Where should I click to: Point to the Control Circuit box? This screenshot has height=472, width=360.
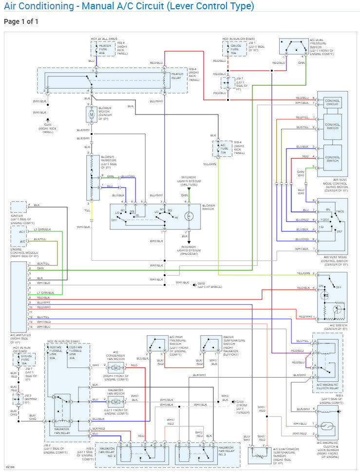(332, 102)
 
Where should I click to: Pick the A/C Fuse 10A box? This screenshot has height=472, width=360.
(223, 148)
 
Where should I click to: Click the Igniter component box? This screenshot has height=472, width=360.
(19, 207)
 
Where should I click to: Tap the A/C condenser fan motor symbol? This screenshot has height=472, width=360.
(116, 367)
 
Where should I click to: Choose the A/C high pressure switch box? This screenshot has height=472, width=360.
(156, 344)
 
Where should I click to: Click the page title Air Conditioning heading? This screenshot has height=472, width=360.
(129, 6)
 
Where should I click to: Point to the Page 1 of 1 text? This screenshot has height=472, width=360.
(21, 22)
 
